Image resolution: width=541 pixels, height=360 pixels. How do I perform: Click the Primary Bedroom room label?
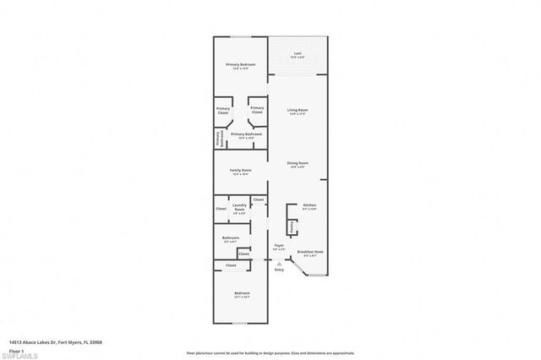[x=241, y=66]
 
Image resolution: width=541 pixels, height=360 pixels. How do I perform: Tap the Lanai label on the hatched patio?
[x=298, y=55]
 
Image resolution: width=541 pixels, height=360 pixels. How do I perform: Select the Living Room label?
[x=298, y=112]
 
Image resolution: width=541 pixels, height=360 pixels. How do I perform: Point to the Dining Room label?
[x=298, y=164]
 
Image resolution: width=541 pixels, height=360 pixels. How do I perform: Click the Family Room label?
[x=241, y=172]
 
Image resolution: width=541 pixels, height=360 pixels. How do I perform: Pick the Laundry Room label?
[x=240, y=207]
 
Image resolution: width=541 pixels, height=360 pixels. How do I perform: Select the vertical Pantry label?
[x=292, y=227]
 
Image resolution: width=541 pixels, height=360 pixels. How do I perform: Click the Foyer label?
[x=279, y=247]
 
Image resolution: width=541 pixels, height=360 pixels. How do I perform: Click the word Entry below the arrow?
[x=279, y=270]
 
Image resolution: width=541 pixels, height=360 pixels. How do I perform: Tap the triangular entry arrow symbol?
[x=279, y=263]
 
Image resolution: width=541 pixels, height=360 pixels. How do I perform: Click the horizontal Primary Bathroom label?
[x=246, y=135]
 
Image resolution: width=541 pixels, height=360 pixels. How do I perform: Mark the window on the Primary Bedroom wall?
[x=241, y=37]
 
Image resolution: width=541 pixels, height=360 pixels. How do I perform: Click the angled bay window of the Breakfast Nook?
[x=300, y=270]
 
